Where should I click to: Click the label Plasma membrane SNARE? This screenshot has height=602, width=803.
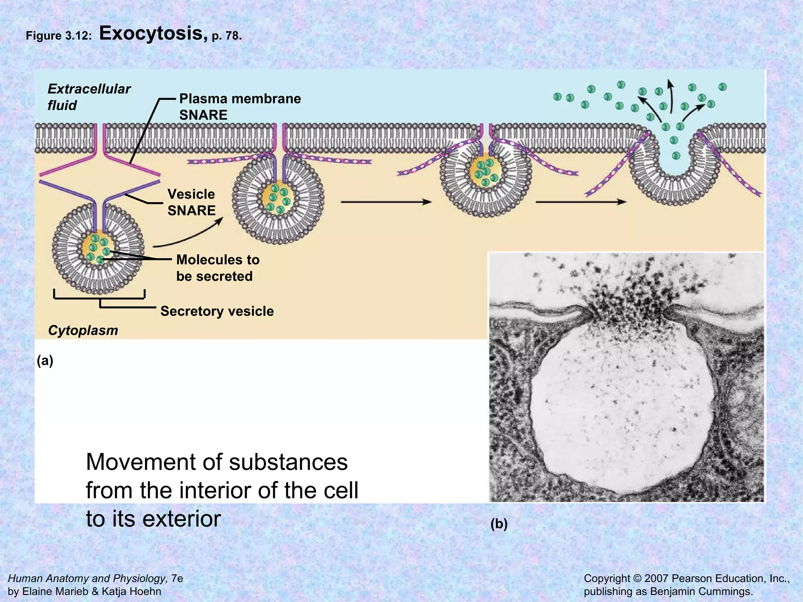pyautogui.click(x=240, y=107)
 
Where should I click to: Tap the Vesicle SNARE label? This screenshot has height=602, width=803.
pyautogui.click(x=191, y=202)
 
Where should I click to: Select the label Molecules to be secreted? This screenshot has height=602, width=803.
pyautogui.click(x=218, y=268)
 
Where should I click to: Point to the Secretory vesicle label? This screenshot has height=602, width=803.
pyautogui.click(x=217, y=311)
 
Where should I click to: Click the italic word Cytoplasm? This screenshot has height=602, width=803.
pyautogui.click(x=83, y=330)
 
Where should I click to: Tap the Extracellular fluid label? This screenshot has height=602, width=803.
pyautogui.click(x=89, y=97)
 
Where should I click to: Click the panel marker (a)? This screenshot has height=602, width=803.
pyautogui.click(x=45, y=361)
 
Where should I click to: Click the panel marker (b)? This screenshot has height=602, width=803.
pyautogui.click(x=499, y=524)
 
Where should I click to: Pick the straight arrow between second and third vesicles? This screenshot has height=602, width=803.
pyautogui.click(x=386, y=202)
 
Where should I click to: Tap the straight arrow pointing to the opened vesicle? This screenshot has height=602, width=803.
pyautogui.click(x=580, y=202)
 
